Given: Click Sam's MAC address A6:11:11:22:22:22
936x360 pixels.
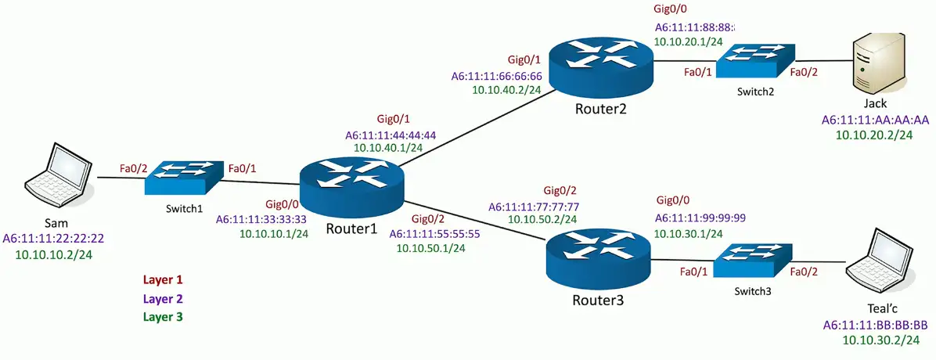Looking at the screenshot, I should pyautogui.click(x=54, y=238).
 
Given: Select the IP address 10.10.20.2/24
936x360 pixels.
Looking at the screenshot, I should pyautogui.click(x=875, y=135).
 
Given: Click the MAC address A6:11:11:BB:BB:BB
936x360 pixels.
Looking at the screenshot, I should pyautogui.click(x=875, y=325).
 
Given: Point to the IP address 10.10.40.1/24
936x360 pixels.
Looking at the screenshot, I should pyautogui.click(x=390, y=146).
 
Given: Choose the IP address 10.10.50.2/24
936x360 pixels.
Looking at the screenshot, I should pyautogui.click(x=543, y=220).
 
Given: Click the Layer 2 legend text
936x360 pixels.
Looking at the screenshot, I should pyautogui.click(x=162, y=298).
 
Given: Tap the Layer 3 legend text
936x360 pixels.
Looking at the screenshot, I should pyautogui.click(x=162, y=317).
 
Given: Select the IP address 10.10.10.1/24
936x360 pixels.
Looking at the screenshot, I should pyautogui.click(x=273, y=232).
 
